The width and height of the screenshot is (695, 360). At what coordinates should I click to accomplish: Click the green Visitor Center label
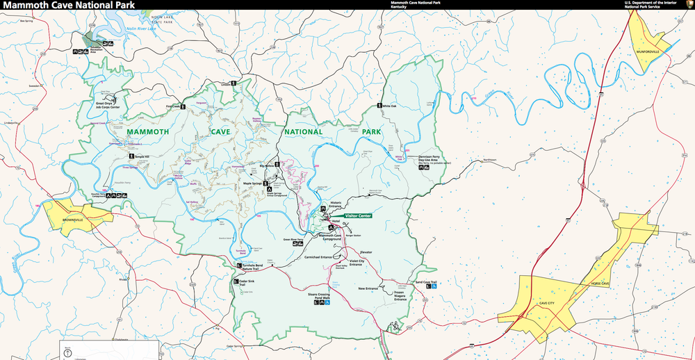pyautogui.click(x=359, y=215)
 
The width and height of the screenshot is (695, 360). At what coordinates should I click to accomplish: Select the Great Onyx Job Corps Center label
pyautogui.click(x=108, y=106)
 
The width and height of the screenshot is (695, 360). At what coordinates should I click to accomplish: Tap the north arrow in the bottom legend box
pyautogui.click(x=67, y=353)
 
